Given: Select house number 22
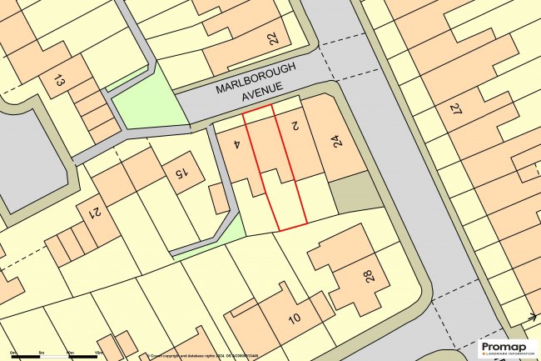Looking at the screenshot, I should click(x=273, y=38).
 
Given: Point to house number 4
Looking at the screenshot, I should click(x=237, y=144).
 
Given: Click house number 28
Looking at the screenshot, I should click(x=367, y=276).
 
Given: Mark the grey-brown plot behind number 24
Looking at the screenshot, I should click(x=355, y=194).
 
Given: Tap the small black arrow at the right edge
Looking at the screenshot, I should click(x=531, y=317).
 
